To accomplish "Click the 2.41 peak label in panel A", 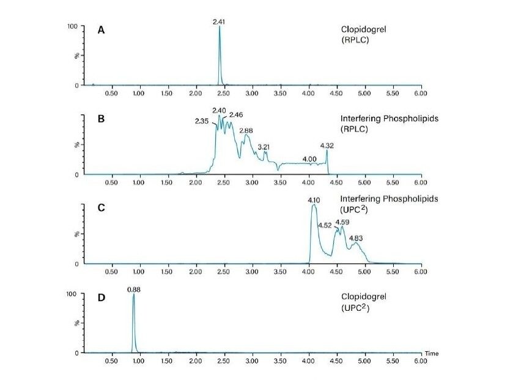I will point(220,22).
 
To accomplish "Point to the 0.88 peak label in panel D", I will point(133,289).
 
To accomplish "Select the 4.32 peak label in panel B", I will point(327,146).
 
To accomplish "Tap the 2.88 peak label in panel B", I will point(246,130).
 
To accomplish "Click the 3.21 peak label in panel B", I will point(264,147).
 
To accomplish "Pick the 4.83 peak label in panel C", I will point(355,238).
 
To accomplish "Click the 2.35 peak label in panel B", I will point(202,121).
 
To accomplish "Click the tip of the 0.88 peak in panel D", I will point(133,294).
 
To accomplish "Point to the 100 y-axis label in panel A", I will point(72,26).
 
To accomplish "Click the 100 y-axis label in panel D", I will point(72,294).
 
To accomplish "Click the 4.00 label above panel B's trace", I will point(309,159).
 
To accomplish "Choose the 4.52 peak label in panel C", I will point(325,225).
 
